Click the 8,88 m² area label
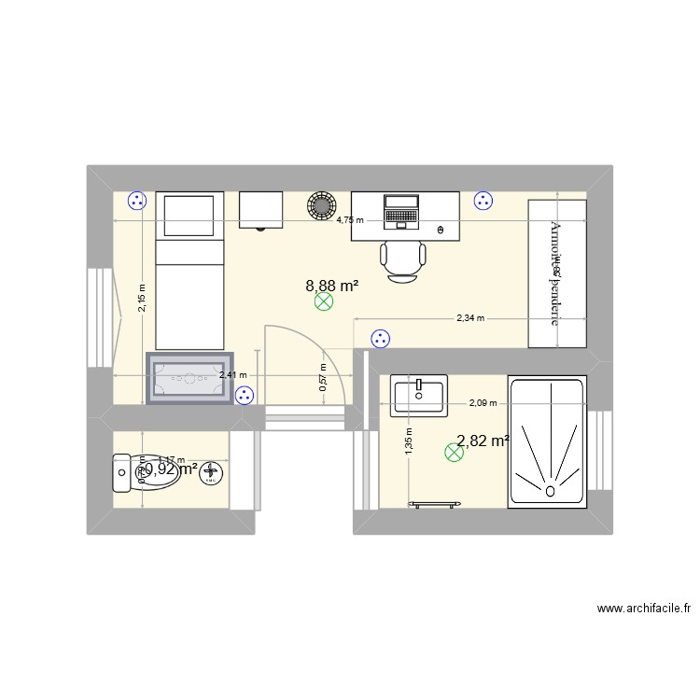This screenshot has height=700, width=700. [x=332, y=287]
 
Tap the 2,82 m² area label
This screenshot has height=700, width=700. [x=483, y=441]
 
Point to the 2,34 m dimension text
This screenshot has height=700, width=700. [x=470, y=318]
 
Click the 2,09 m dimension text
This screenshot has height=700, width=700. [x=483, y=403]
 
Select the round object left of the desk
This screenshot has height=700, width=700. [x=322, y=204]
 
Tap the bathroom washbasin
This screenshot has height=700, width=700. [x=420, y=395]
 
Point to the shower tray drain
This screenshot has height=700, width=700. [x=551, y=488]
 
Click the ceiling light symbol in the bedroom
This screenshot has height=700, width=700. [x=323, y=301]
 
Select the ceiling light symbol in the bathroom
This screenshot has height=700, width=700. [x=455, y=453]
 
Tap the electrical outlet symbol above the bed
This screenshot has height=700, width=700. [x=137, y=199]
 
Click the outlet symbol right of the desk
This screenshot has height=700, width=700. [x=483, y=200]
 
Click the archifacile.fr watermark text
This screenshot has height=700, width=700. [x=643, y=609]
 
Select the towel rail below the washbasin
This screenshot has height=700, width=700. [x=436, y=504]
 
